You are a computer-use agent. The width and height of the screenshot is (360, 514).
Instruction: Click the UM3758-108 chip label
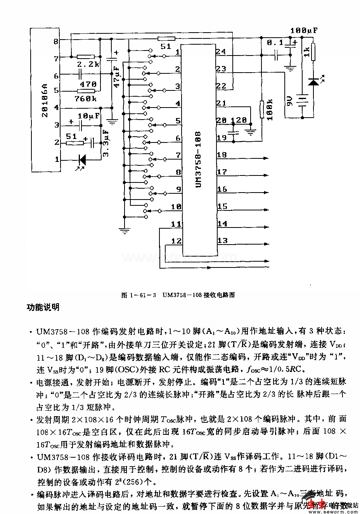[x=198, y=160]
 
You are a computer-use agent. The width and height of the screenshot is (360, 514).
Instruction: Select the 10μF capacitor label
[x=89, y=116]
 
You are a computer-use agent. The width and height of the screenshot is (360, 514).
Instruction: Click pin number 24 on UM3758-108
[x=221, y=52]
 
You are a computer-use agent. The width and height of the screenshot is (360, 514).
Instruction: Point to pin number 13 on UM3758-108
[x=222, y=241]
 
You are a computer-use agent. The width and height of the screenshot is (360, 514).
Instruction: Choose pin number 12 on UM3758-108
[x=176, y=241]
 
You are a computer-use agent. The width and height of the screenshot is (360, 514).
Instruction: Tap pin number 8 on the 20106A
[x=56, y=41]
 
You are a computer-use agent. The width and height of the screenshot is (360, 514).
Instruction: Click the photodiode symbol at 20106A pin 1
[x=82, y=160]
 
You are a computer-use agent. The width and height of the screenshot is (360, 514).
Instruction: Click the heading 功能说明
[x=43, y=307]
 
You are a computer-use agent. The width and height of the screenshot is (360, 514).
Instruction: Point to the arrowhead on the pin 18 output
[x=267, y=158]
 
